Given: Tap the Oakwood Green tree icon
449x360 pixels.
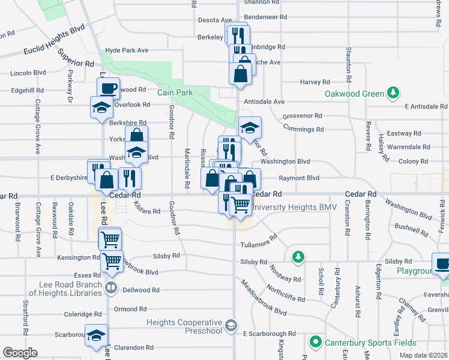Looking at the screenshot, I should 393,92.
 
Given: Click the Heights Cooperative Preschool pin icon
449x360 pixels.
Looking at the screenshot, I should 231,326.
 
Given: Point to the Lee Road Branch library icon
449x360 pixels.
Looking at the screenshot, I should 110,289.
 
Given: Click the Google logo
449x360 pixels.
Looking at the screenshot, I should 20,353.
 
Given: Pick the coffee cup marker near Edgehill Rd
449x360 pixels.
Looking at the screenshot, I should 109,88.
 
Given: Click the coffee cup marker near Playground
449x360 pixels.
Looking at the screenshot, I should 442,264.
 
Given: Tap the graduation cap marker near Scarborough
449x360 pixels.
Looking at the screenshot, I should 96,336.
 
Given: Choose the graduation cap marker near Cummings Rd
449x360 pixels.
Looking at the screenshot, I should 250,127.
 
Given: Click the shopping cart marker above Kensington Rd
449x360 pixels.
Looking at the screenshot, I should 110,239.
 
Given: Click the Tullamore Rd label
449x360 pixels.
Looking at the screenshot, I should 258,241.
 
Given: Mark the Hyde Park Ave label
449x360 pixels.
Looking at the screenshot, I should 126,50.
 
